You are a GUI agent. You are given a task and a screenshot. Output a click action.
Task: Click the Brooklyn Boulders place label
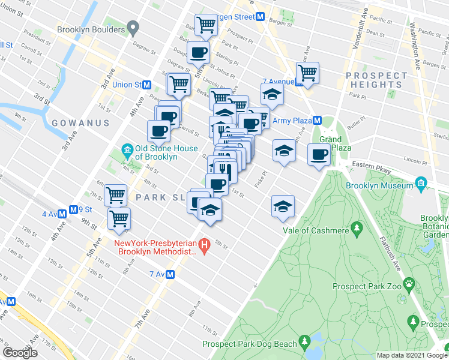[x=91, y=29]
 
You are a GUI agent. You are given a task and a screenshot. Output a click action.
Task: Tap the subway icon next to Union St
[x=146, y=85]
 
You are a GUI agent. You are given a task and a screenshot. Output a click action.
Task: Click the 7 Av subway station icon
[x=170, y=275]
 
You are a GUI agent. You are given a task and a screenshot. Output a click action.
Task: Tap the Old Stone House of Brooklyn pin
[x=127, y=149]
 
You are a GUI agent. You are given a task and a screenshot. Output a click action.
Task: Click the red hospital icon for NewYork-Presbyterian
[x=204, y=245]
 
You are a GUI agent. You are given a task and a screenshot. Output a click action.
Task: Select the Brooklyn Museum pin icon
[x=421, y=182]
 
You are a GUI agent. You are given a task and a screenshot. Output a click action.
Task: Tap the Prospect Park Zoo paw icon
[x=409, y=282]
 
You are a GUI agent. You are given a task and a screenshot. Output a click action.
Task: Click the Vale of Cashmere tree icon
[x=357, y=228]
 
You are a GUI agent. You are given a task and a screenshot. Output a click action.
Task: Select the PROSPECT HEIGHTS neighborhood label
[x=376, y=80]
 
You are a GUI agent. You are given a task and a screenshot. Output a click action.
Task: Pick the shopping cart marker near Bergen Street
[x=206, y=25]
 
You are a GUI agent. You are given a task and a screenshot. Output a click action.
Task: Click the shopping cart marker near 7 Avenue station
[x=307, y=73]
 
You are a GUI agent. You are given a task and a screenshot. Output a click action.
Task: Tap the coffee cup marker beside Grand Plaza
[x=318, y=154]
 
